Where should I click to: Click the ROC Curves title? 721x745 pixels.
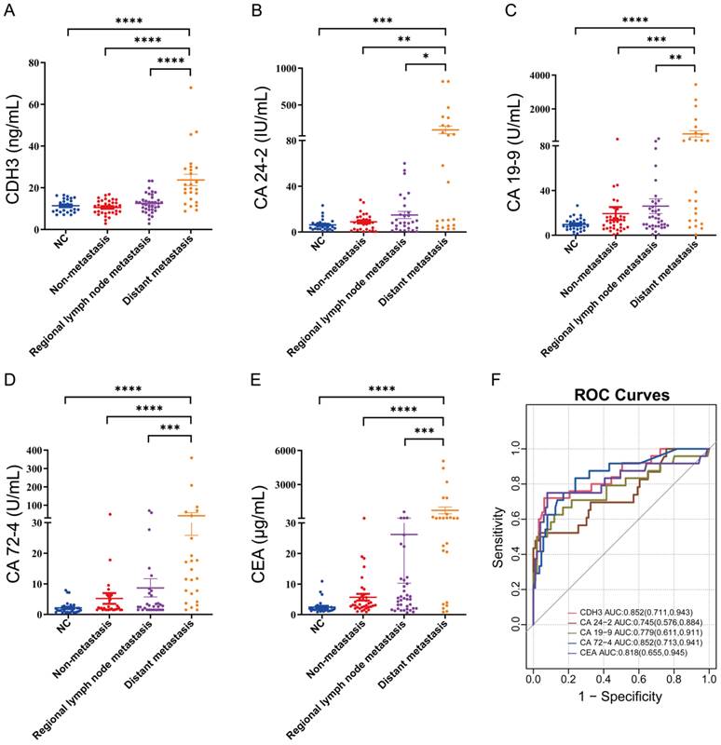pyautogui.click(x=621, y=394)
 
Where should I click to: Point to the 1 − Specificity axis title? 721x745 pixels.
pyautogui.click(x=621, y=722)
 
